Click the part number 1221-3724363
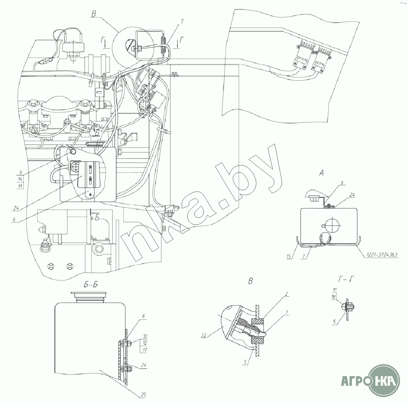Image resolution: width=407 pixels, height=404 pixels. click(382, 255)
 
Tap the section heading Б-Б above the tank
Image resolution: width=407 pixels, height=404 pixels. click(90, 285)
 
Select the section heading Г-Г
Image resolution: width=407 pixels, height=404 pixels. click(346, 279)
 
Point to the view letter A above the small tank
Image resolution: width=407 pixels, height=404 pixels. click(321, 173)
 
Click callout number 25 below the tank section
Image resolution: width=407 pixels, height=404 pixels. click(143, 395)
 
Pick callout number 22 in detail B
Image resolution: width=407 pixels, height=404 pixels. click(204, 336)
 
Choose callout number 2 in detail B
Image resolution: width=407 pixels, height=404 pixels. click(286, 294)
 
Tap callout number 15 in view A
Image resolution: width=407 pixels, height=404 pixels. click(289, 256)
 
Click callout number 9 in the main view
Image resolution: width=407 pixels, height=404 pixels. click(21, 172)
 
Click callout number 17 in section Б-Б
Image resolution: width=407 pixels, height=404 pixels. click(145, 350)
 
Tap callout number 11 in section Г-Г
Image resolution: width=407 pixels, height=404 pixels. click(335, 289)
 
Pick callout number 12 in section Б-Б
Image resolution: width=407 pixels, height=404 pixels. click(145, 343)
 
